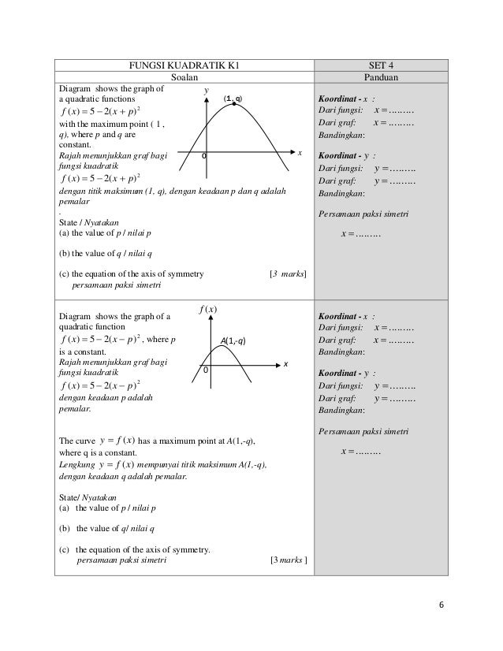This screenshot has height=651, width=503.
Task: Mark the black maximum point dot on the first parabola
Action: [234, 104]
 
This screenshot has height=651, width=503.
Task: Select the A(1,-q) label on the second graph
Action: [234, 341]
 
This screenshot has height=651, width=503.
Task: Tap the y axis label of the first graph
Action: [207, 91]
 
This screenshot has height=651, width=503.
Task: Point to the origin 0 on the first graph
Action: [203, 155]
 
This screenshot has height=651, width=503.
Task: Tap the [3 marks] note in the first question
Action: [288, 274]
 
